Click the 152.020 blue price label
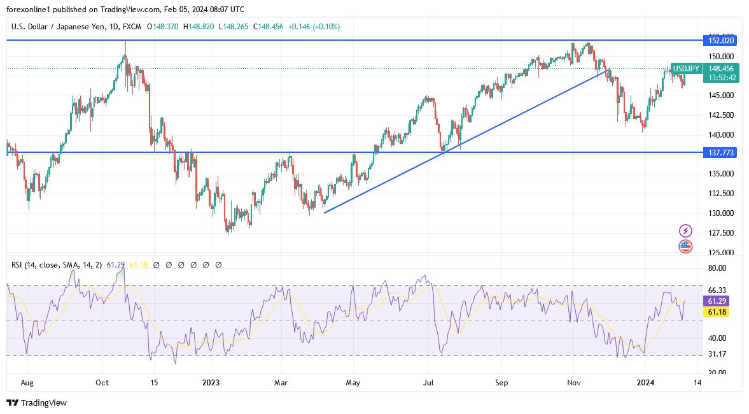point(719,40)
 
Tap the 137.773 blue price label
point(719,153)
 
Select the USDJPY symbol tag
point(686,68)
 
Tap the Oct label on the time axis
point(102,383)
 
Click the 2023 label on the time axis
point(211,383)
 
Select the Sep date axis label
point(502,383)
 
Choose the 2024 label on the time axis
point(646,383)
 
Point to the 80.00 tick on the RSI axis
point(717,268)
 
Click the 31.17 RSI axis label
point(717,354)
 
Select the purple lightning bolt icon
point(685,231)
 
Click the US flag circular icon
point(685,246)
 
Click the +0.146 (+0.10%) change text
point(314,27)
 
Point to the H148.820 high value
point(200,27)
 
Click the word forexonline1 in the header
point(28,10)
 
